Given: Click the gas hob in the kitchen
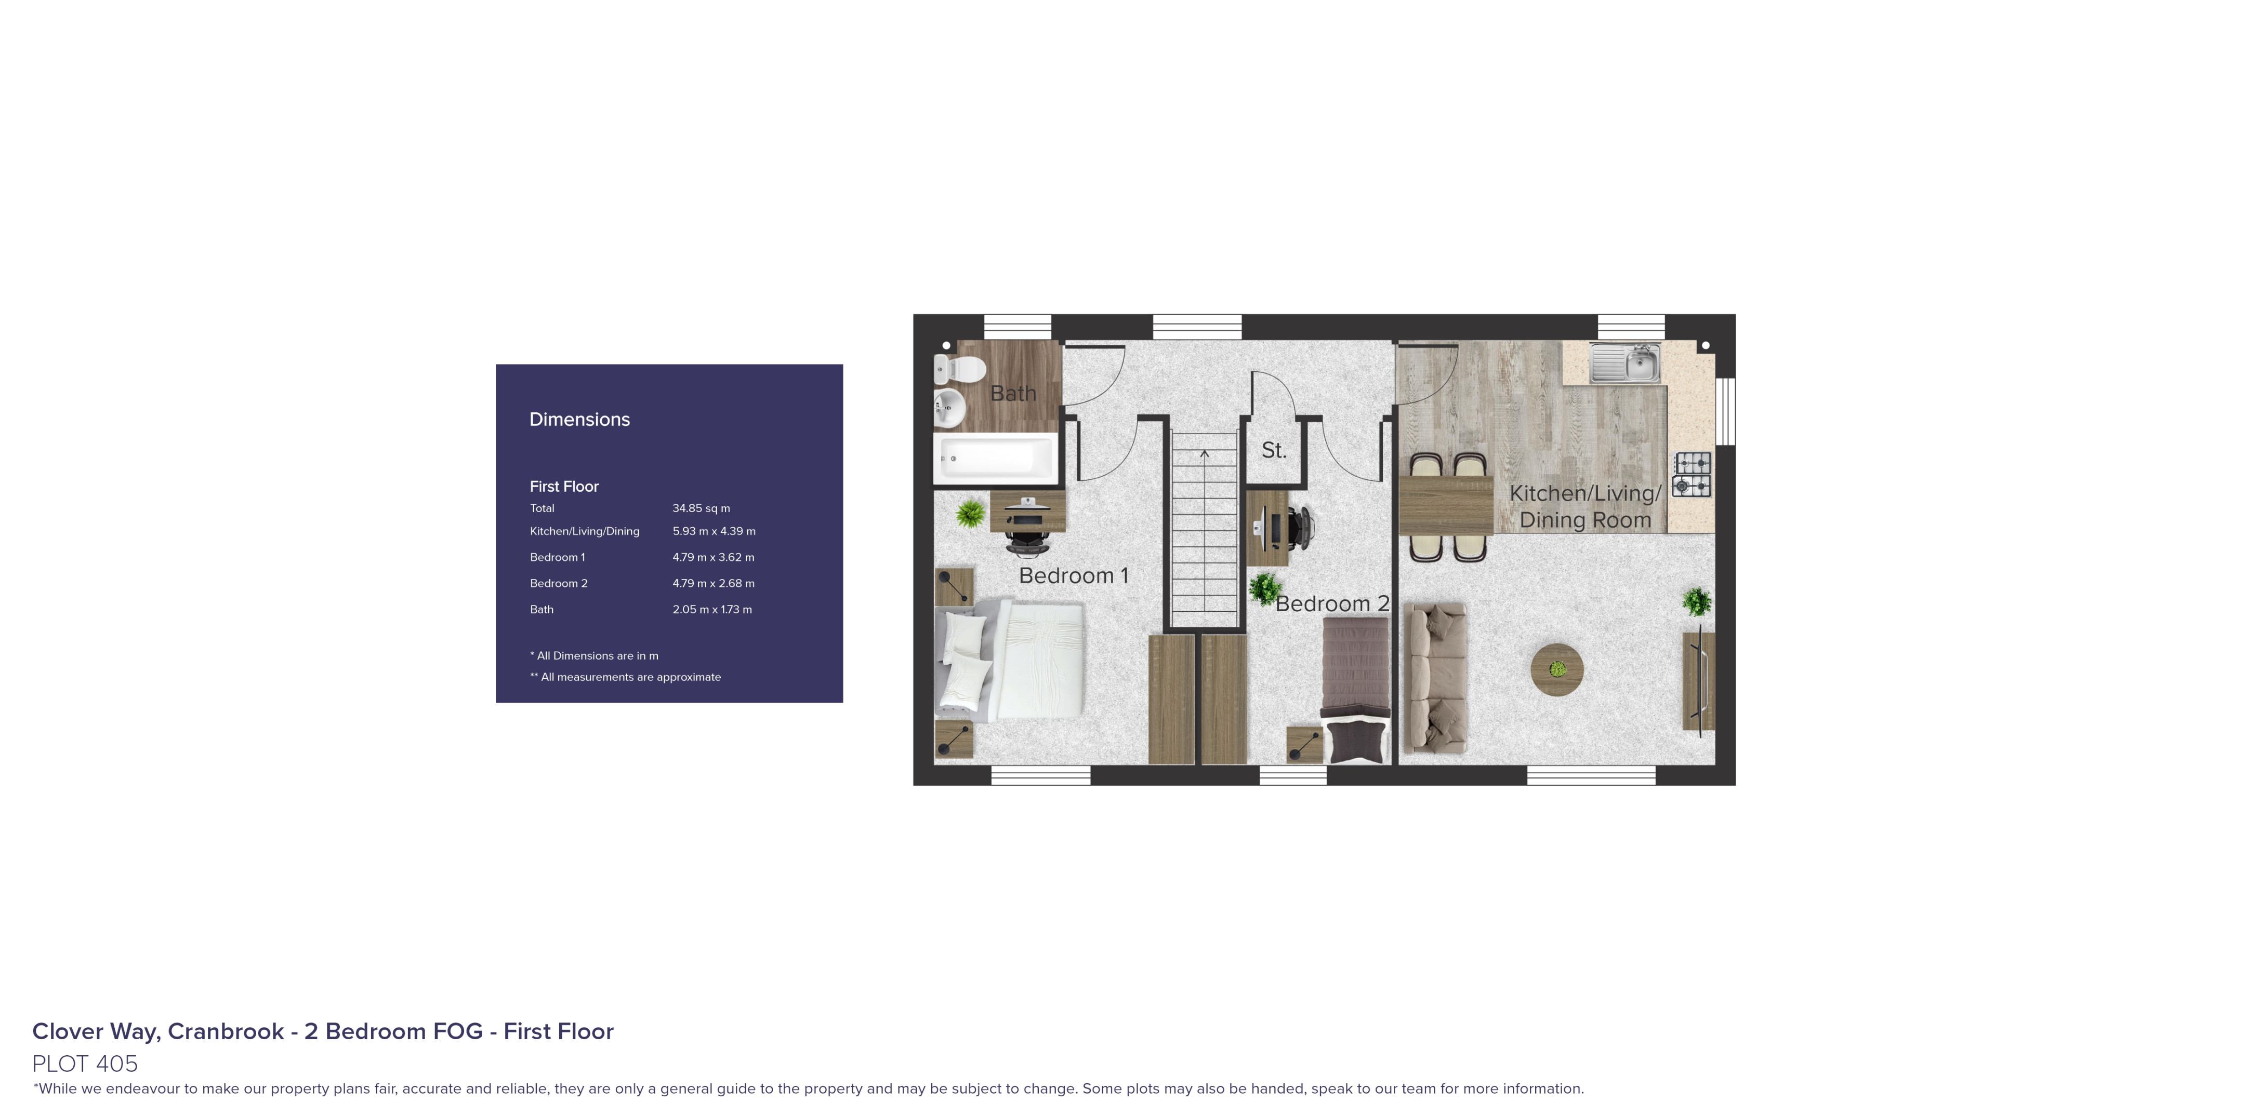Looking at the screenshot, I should coord(1692,475).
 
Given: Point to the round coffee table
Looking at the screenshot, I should coord(1556,669).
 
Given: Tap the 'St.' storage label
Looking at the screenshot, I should coord(1273,450).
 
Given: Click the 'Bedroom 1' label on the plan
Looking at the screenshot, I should coord(1073,576).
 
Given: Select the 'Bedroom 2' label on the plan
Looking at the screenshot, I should coord(1331,603).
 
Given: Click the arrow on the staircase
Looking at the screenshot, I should coord(1205,454).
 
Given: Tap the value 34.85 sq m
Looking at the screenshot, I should coord(701,508).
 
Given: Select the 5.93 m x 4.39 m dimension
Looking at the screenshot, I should coord(714,531).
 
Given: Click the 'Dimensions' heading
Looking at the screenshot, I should coord(579,419).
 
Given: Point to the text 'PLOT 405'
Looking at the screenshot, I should coord(85,1064).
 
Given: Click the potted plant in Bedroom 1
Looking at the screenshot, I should coord(970,514).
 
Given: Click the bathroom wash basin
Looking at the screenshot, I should coord(950,407).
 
